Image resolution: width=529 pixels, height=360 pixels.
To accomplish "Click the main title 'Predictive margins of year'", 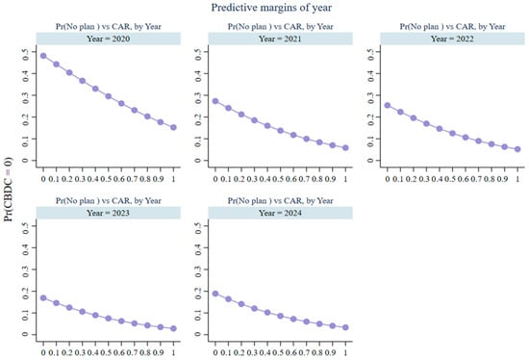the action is pos(271,8).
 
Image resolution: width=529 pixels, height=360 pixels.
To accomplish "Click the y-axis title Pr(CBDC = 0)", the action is pos(8,190).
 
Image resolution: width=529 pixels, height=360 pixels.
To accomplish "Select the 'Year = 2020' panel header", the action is pos(109,39).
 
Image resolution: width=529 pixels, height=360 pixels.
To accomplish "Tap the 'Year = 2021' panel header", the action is pos(280,39).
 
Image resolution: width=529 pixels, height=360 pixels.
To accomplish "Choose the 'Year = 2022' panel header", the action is pos(452,39).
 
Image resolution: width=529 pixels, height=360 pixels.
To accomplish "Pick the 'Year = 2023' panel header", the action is pos(109,213).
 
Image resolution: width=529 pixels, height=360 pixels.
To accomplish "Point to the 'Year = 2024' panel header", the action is pos(280,213).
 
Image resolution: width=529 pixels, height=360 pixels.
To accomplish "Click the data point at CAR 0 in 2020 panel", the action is pos(43,56).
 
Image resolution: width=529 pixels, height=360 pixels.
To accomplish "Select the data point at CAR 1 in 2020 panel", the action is pos(173,127).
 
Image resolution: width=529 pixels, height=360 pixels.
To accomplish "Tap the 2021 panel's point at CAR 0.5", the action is pos(280,130).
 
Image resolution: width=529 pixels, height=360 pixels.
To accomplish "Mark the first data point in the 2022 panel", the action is pos(388,105).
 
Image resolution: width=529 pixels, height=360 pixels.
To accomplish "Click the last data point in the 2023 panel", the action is pos(173,328).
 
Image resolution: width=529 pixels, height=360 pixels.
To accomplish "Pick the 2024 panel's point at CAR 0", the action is pos(215,294).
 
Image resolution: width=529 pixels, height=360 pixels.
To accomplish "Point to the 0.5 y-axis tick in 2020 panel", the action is pos(25,54).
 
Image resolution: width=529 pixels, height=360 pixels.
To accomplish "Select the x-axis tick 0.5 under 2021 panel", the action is pos(278,179).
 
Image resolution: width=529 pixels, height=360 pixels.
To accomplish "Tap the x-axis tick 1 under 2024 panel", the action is pos(345,352).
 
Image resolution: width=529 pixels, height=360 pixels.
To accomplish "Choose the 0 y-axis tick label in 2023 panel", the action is pos(25,334).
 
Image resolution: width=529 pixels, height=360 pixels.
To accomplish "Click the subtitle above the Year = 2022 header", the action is pos(452,27).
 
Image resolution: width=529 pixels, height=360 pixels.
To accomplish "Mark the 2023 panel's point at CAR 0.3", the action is pos(83,311).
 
